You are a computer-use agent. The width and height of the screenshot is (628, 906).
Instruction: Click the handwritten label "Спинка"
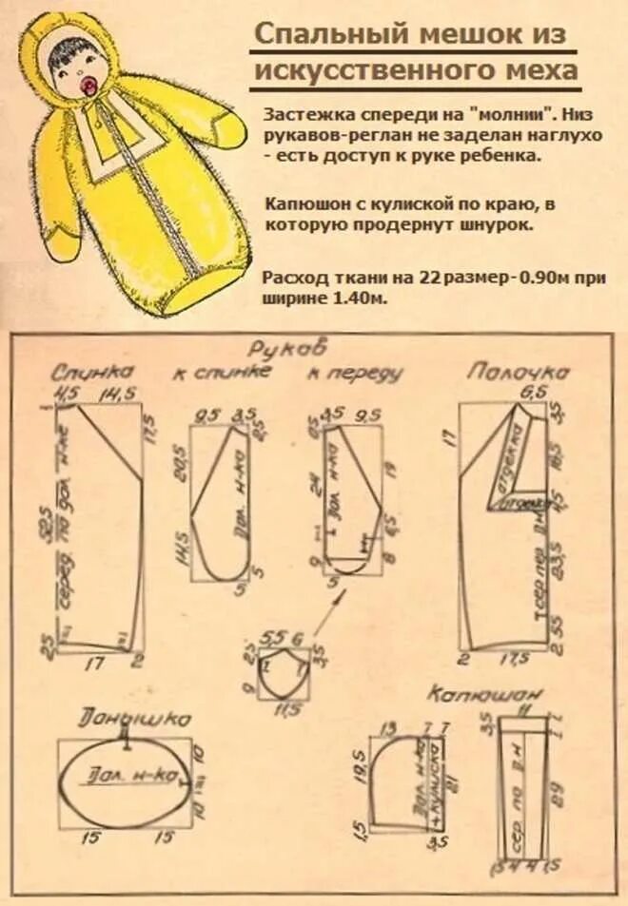click(92, 372)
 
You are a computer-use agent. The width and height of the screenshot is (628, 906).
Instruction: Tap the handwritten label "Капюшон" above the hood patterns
click(477, 694)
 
